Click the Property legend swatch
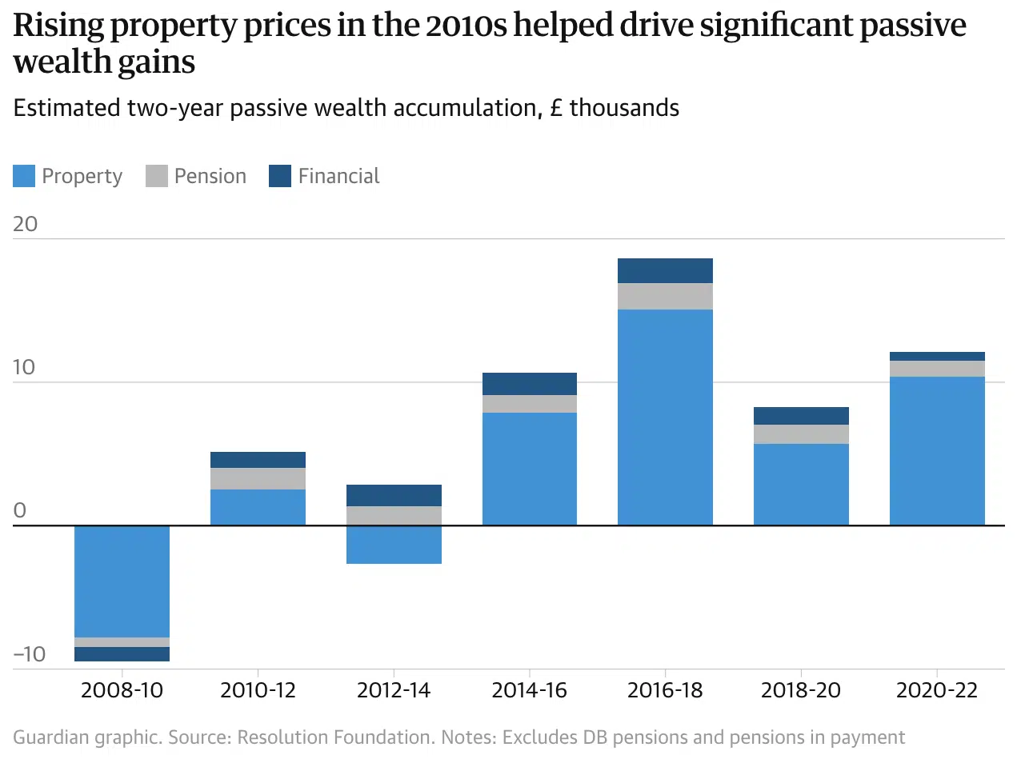coord(24,176)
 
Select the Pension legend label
coord(210,176)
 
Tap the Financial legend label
coord(338,176)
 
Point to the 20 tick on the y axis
coord(26,224)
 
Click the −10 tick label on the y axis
coord(30,654)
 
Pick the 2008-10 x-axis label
coord(122,690)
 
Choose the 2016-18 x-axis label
coord(665,690)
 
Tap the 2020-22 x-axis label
coord(937,690)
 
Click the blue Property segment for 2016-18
coord(665,416)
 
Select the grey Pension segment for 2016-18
coord(665,296)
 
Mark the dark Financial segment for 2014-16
coord(529,384)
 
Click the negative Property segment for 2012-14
coord(394,545)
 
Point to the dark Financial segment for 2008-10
coord(122,654)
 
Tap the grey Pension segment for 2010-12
coord(258,478)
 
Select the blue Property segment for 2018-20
coord(801,484)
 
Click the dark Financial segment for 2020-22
coord(937,356)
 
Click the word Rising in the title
coord(58,26)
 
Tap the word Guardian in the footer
coord(50,737)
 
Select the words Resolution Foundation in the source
coord(335,737)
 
